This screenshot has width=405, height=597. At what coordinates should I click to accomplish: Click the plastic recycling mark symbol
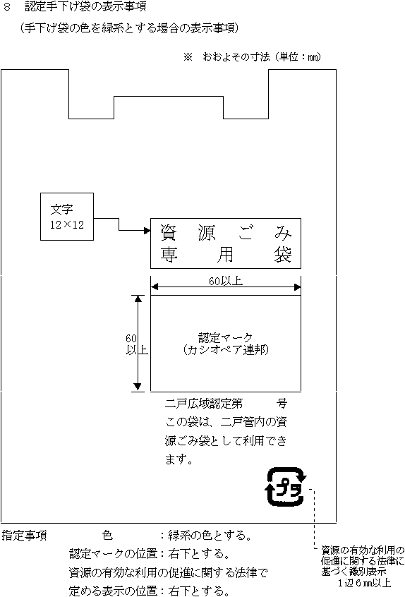[x=286, y=487]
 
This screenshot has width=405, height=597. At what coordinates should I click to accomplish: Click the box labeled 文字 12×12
[x=67, y=217]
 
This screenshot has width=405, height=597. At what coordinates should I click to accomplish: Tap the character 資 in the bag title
[x=168, y=233]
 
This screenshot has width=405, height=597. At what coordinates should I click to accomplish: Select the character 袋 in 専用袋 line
[x=283, y=255]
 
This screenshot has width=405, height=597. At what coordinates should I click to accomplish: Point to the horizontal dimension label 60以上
[x=226, y=281]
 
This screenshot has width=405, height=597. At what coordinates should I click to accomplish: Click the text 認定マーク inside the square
[x=226, y=338]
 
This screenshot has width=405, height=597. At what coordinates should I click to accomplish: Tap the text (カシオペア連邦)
[x=226, y=349]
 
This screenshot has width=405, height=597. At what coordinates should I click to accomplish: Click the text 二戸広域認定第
[x=204, y=403]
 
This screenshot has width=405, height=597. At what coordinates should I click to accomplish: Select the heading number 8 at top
[x=6, y=6]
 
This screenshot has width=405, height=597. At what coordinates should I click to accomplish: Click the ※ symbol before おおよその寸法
[x=188, y=57]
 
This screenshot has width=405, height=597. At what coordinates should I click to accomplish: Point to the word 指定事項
[x=25, y=536]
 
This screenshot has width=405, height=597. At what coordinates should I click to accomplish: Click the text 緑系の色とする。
[x=210, y=536]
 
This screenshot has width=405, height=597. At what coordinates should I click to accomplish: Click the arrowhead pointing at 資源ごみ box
[x=147, y=230]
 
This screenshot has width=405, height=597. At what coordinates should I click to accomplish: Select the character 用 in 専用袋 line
[x=225, y=255]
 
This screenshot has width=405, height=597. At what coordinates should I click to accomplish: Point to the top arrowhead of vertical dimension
[x=138, y=298]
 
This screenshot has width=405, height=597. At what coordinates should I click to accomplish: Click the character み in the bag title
[x=283, y=233]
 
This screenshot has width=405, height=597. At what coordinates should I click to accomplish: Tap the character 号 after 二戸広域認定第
[x=282, y=403]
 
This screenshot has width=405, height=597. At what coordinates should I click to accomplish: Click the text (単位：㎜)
[x=297, y=57]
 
